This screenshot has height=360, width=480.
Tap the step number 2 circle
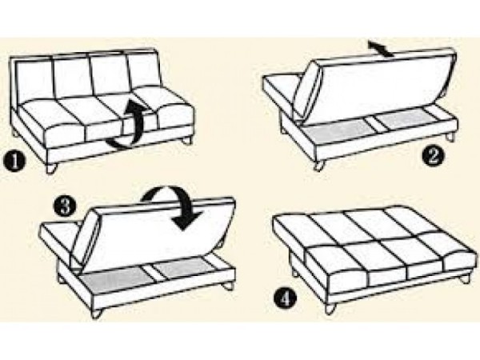(x=433, y=157)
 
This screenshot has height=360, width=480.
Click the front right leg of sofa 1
(x=186, y=141)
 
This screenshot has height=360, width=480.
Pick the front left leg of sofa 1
(x=51, y=168)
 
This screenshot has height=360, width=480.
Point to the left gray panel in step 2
(x=337, y=130)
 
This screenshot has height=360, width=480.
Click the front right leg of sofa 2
(x=450, y=136)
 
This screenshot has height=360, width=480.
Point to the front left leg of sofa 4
(x=331, y=308)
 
